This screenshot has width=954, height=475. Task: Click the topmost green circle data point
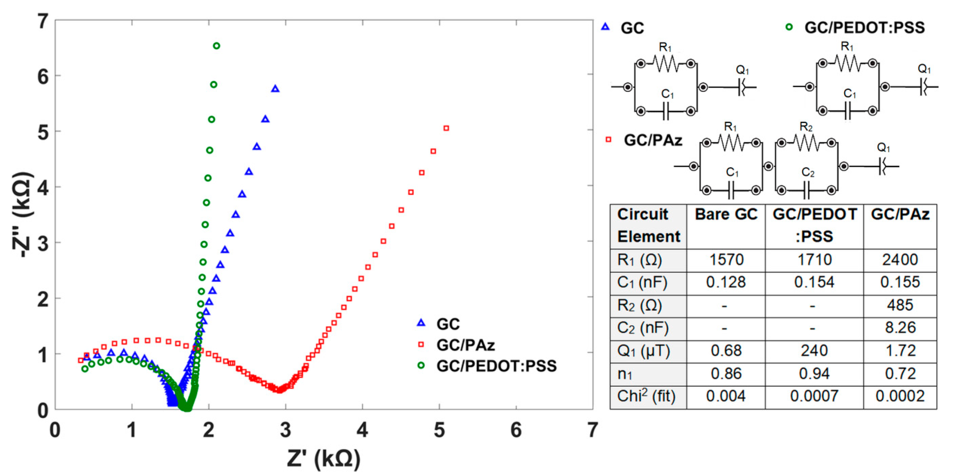[x=217, y=46]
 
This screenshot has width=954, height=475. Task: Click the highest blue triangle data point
[x=275, y=89]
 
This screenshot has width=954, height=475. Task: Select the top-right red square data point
[x=446, y=128]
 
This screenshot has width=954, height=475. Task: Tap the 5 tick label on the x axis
[x=439, y=430]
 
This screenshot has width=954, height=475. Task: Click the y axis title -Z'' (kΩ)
[x=23, y=214]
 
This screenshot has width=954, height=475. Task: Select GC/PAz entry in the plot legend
[x=466, y=345]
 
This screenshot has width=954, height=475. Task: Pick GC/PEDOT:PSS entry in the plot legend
[x=496, y=366]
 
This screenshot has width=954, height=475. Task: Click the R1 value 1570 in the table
[x=726, y=260]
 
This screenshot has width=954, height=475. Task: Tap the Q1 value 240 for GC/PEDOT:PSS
[x=814, y=351]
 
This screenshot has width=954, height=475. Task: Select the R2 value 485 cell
[x=900, y=305]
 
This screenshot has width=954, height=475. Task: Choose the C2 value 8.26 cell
[x=900, y=328]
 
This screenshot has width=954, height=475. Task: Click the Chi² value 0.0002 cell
[x=900, y=396]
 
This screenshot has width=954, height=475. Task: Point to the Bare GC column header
[x=726, y=214]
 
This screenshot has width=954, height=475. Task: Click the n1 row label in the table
[x=625, y=374]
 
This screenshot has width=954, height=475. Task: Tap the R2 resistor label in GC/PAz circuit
[x=806, y=127]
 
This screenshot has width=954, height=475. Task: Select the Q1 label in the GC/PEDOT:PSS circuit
[x=924, y=69]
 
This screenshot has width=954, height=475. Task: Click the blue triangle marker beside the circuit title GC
[x=605, y=27]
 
